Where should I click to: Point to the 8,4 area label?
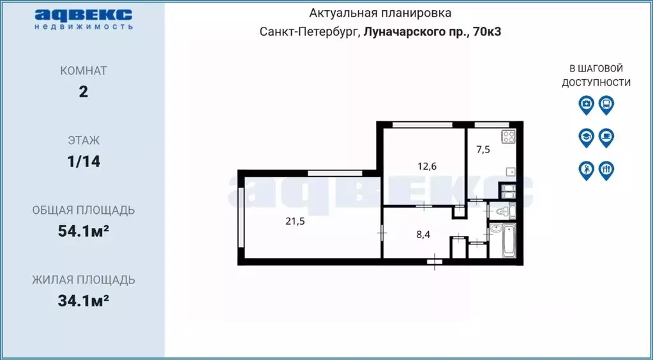[x=424, y=234]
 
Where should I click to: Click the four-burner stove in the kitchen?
[x=508, y=137]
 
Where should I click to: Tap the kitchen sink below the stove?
[x=509, y=172]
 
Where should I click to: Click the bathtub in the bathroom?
[x=509, y=241]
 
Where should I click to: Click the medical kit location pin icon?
[x=586, y=104]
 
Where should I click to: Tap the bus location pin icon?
[x=606, y=104]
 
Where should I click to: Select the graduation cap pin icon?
[x=586, y=137]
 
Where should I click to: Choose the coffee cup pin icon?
[x=606, y=137]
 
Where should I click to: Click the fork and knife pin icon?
[x=606, y=170]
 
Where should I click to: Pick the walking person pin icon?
[x=586, y=170]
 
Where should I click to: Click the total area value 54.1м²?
[x=83, y=231]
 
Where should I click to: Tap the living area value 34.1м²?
[x=83, y=301]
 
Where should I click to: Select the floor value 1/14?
[x=84, y=161]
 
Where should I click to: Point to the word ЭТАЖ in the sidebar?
[x=84, y=140]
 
